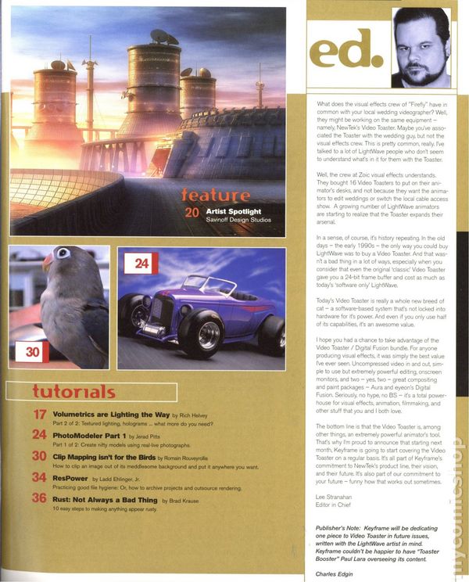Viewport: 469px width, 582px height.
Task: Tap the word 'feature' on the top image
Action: pos(215,194)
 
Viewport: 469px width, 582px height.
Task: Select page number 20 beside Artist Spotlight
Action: pos(192,212)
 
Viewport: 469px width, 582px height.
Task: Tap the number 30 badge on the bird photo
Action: pos(33,352)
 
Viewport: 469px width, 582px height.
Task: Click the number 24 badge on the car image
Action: pos(141,264)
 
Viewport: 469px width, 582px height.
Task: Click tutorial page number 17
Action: pos(40,415)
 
